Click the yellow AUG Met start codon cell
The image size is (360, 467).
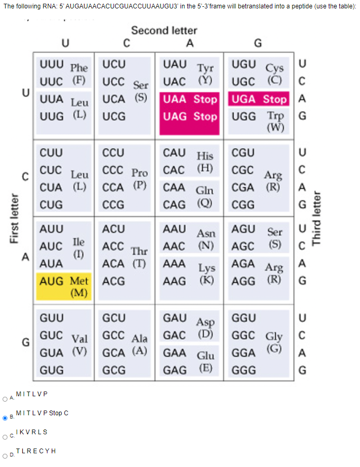coord(63,285)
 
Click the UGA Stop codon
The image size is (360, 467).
coord(258,99)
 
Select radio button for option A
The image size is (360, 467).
coord(5,398)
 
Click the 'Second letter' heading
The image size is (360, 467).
coord(164,31)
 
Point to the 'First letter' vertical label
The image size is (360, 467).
coord(14,219)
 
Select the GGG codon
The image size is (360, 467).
coord(244,370)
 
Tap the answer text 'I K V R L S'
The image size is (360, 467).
coord(32,432)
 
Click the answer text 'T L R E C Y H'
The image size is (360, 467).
coord(36,451)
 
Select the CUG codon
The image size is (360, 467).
coord(51,204)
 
